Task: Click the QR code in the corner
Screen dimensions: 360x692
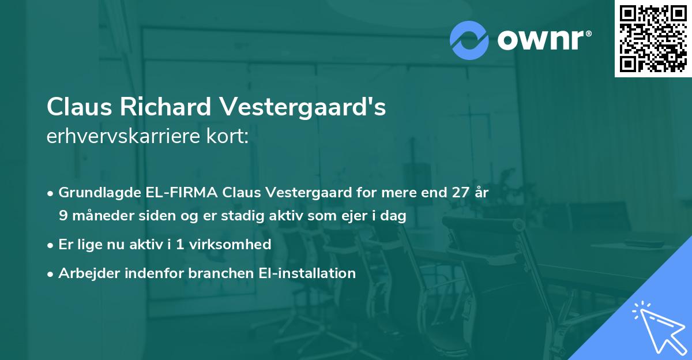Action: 653,38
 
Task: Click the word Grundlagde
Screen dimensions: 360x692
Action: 98,193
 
